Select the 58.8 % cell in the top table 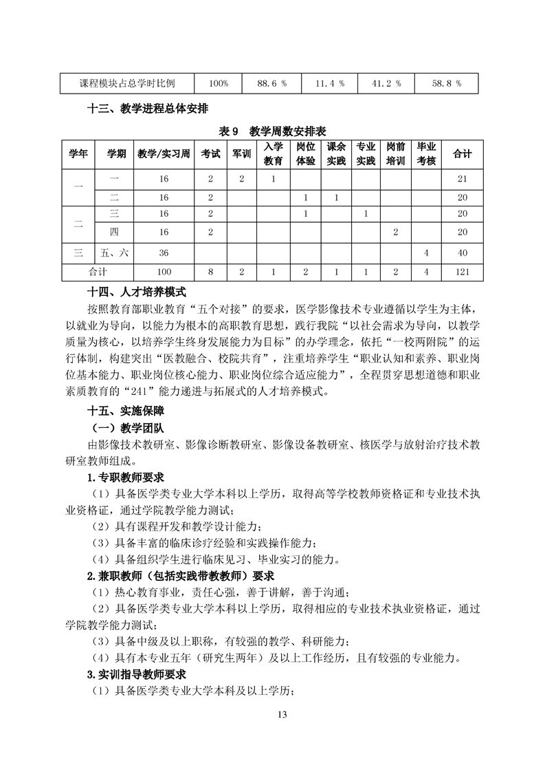pos(446,84)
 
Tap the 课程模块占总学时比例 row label pos(127,84)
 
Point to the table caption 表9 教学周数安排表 pos(272,130)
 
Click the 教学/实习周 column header pos(163,155)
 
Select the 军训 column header pos(241,155)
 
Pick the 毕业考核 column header pos(427,155)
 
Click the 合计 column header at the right pos(463,155)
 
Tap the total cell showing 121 pos(463,272)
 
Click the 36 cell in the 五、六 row pos(163,253)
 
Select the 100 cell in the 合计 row pos(163,272)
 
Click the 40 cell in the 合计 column pos(463,253)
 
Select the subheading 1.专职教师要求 pos(124,478)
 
